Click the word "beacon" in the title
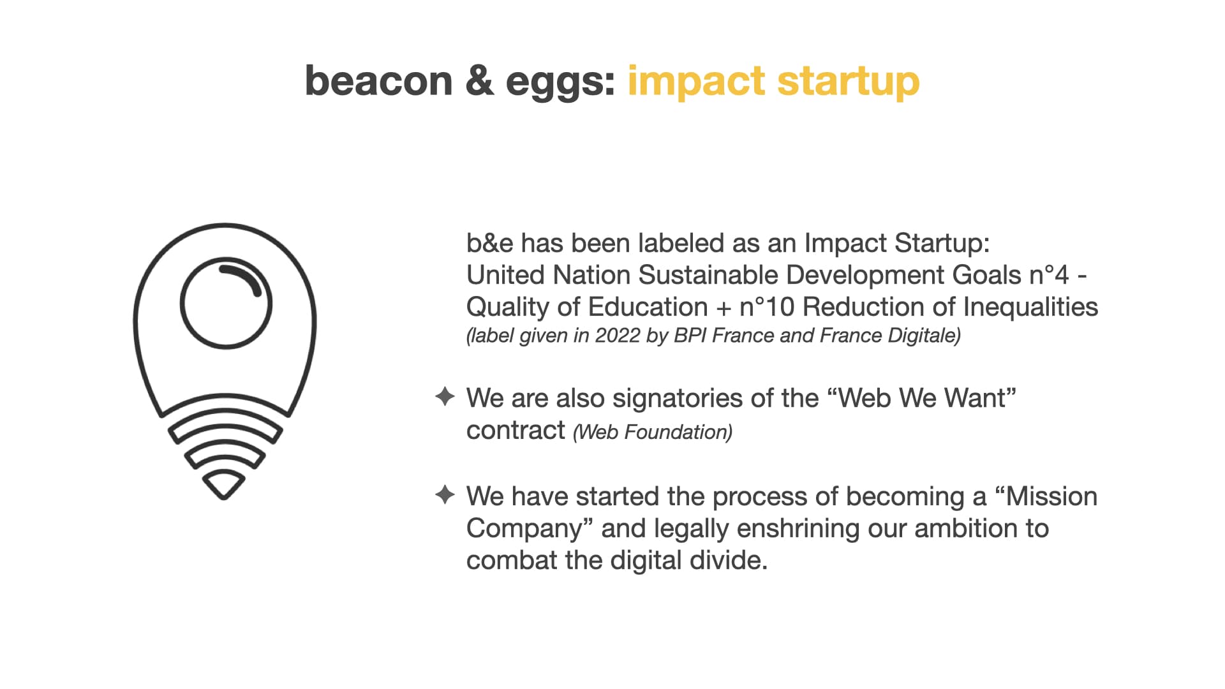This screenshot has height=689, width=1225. [x=379, y=81]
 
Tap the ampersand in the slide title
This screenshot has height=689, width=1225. [x=480, y=81]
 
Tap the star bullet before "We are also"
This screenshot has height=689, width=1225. [x=445, y=396]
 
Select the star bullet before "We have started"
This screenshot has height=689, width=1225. [x=445, y=494]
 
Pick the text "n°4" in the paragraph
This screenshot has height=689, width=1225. [x=1049, y=275]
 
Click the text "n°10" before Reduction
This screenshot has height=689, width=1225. [x=767, y=307]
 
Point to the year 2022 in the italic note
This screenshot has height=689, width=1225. [x=618, y=336]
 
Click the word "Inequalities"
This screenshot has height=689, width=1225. [x=1030, y=307]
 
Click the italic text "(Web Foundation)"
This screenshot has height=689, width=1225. [x=653, y=432]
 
